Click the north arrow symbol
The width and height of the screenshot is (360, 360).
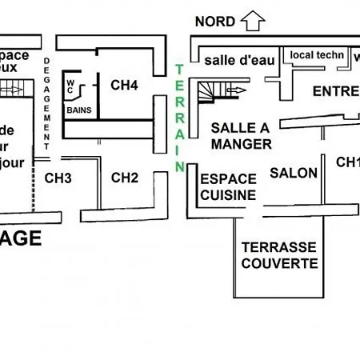coord(253,20)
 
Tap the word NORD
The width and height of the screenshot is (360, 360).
coord(215,22)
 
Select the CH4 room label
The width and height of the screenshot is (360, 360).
coord(125,84)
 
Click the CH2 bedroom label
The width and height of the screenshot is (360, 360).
coord(126,177)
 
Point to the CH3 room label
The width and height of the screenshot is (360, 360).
coord(58,178)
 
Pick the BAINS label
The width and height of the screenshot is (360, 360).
coord(78,110)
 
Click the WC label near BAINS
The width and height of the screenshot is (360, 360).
coord(70,86)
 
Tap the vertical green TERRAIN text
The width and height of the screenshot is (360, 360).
coord(180,117)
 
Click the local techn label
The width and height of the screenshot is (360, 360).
coord(317,55)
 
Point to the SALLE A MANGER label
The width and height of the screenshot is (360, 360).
coord(241,136)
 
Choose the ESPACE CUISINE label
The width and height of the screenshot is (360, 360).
coord(229,186)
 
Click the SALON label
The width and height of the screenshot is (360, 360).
coord(294,172)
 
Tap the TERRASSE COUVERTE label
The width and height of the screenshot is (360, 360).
coord(279,255)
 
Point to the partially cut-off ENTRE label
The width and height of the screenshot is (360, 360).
coord(335,90)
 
